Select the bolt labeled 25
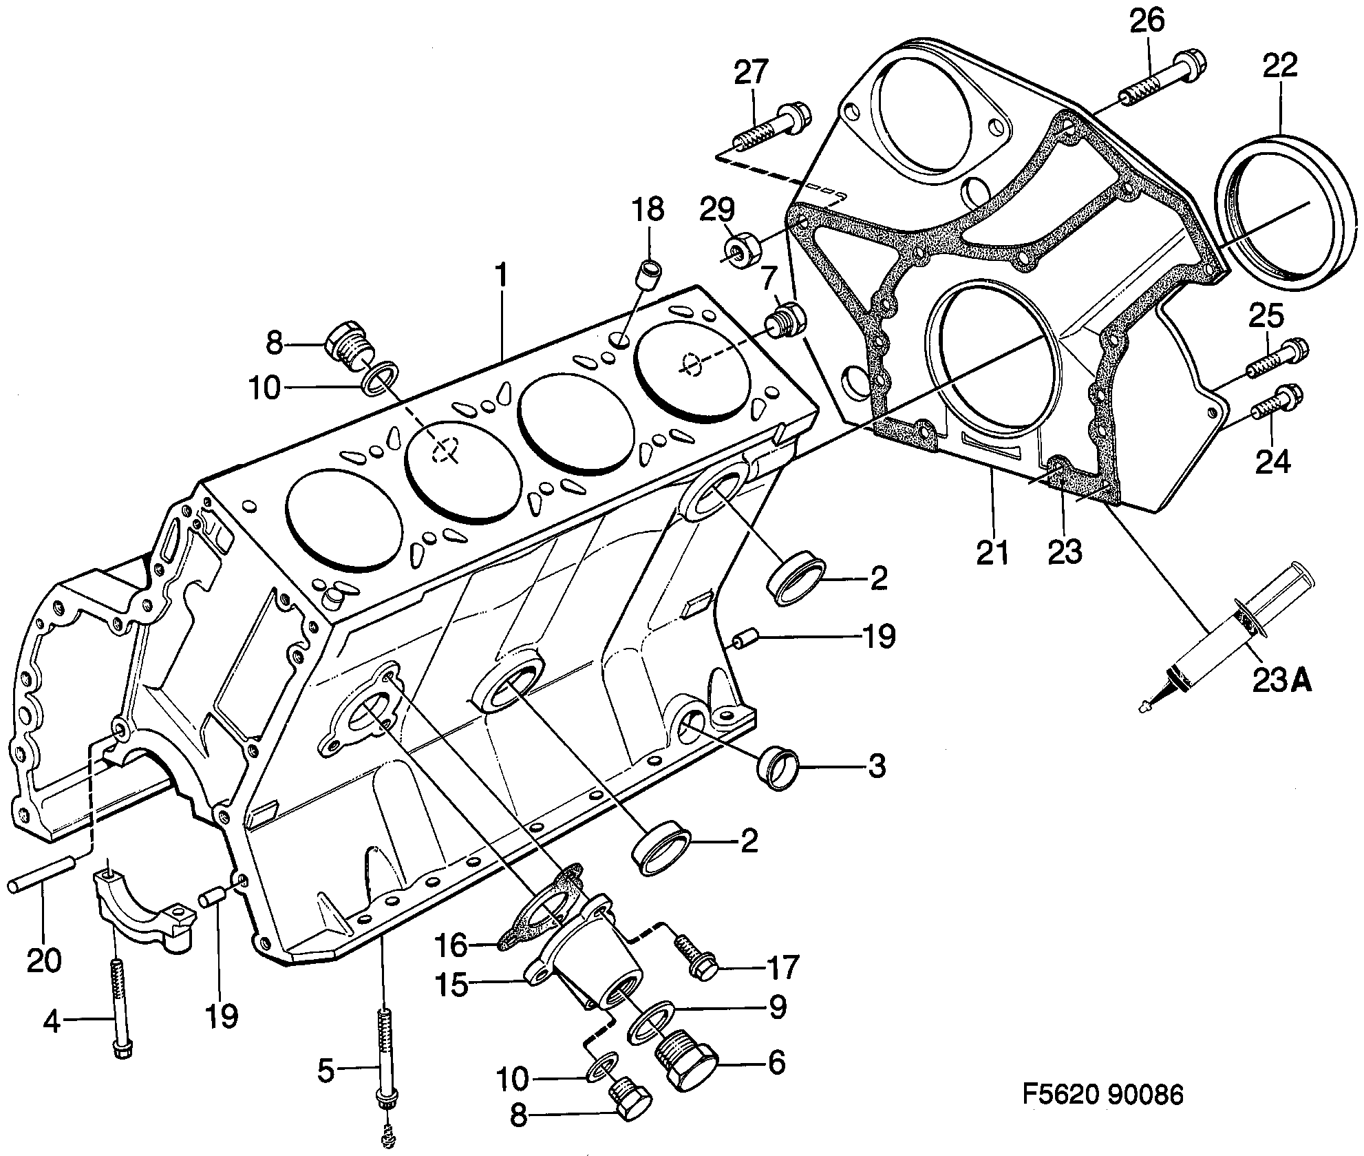[x=1276, y=359]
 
